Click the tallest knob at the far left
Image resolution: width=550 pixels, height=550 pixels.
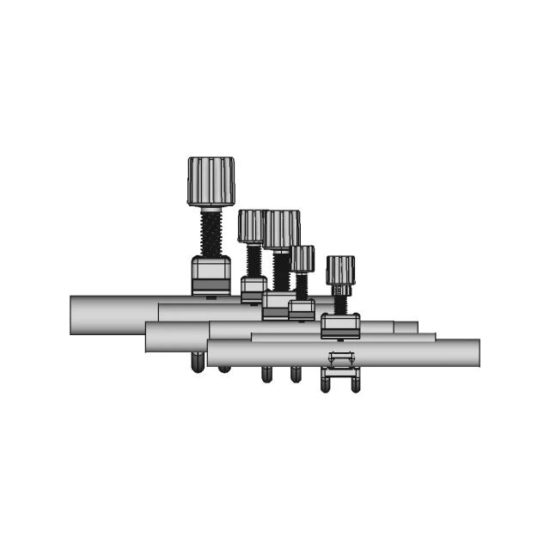coord(211,180)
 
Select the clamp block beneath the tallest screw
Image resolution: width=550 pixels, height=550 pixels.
coord(211,275)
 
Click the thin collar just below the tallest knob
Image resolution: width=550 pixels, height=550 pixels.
coord(211,208)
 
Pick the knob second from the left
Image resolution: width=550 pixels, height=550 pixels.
coord(252,226)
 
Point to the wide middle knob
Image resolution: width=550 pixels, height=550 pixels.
coord(282,229)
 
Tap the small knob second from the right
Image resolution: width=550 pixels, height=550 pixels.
coord(302,258)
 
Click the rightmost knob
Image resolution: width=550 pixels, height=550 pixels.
coord(340,270)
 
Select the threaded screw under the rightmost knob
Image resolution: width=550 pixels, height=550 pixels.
coord(340,303)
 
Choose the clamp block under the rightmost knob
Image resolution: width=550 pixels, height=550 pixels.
coord(340,326)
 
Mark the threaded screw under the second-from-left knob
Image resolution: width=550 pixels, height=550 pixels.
coord(254,260)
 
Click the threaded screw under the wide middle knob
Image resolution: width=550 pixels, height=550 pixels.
coord(281,270)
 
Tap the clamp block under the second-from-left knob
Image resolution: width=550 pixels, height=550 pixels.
coord(254,287)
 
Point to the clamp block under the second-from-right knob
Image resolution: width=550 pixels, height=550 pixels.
coord(301,309)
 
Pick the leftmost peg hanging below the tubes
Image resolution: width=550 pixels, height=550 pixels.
coord(197,362)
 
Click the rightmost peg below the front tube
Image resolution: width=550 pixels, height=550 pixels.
coord(356,382)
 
